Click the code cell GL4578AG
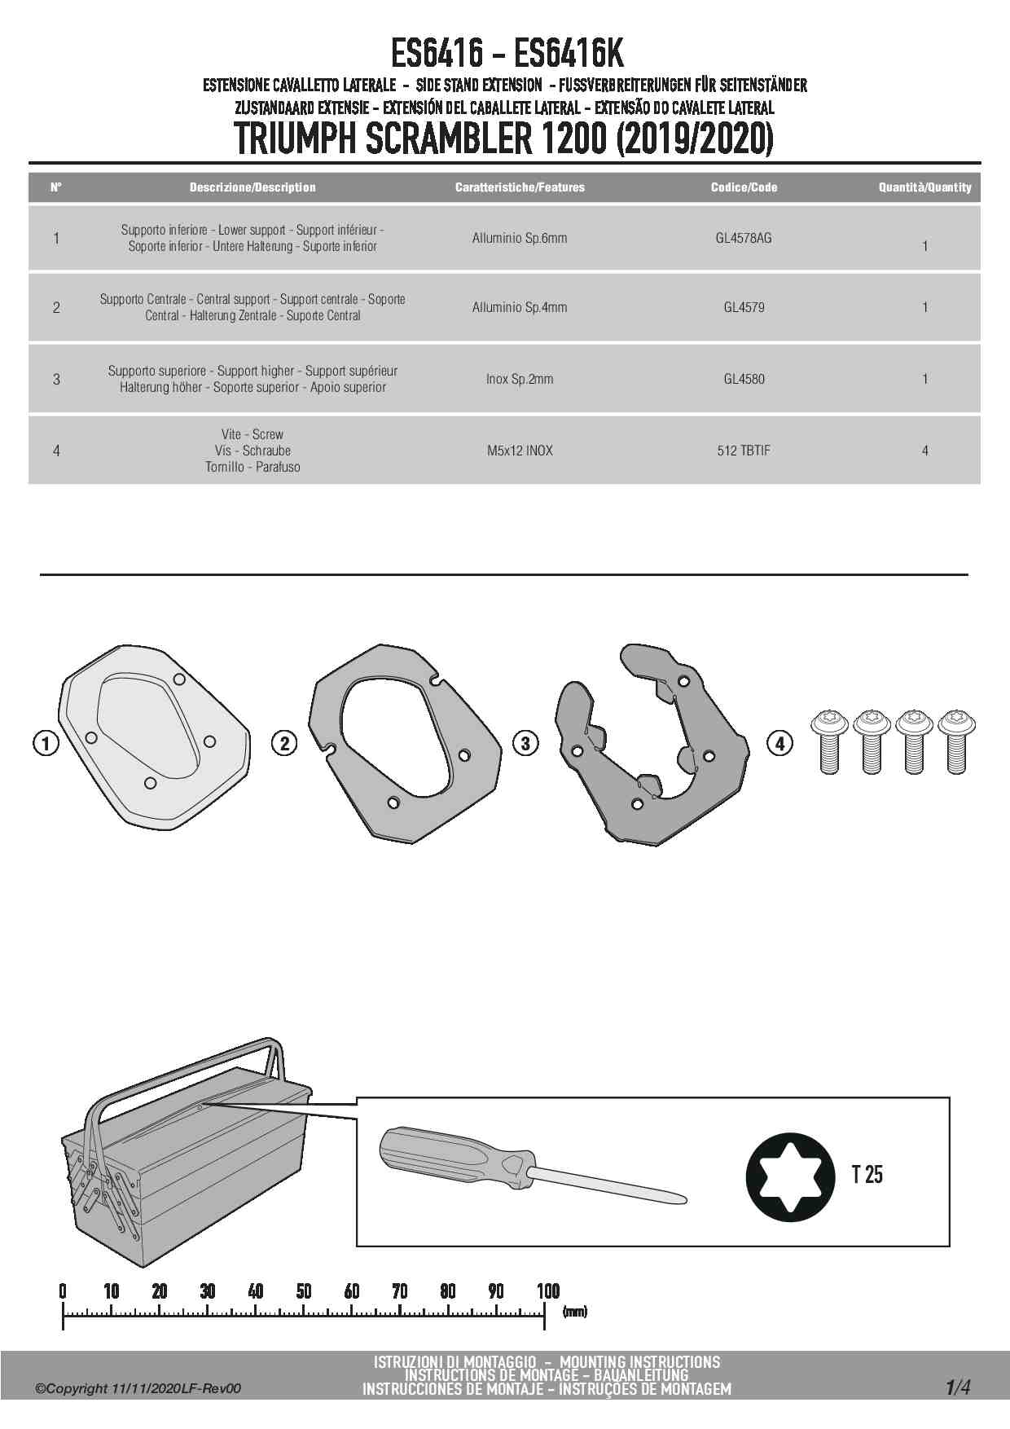click(743, 239)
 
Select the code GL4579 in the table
click(744, 308)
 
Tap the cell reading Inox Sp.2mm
click(519, 379)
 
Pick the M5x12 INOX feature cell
click(520, 451)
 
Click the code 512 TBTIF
click(743, 451)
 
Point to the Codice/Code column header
click(744, 187)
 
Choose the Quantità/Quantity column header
click(924, 187)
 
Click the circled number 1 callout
click(46, 743)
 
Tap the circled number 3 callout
click(525, 743)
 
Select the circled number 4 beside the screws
click(779, 743)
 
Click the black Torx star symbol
click(790, 1176)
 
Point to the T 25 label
click(867, 1175)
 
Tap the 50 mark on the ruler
click(304, 1291)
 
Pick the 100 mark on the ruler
click(548, 1291)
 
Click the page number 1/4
click(958, 1387)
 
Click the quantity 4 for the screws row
click(924, 451)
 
